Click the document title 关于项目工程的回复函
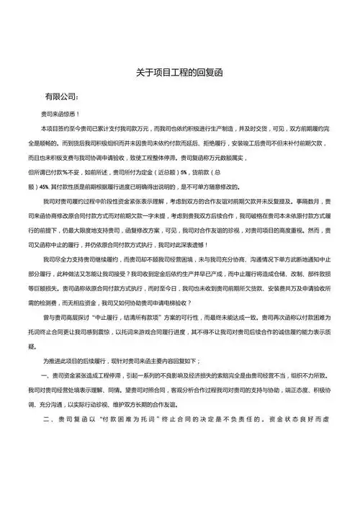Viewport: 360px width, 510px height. pyautogui.click(x=180, y=72)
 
